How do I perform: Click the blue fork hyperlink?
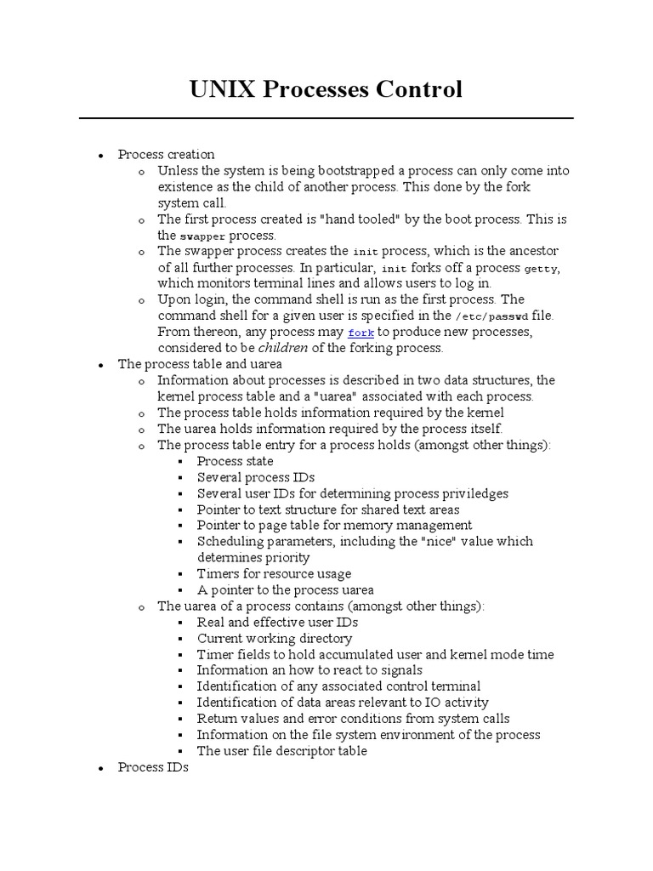(361, 333)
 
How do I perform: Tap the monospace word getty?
(542, 268)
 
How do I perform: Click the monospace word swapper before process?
(202, 236)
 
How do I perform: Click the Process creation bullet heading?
(166, 154)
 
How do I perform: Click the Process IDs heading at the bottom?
(153, 767)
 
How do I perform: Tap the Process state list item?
(235, 461)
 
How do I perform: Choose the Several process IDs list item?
(256, 477)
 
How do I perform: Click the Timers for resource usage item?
(274, 573)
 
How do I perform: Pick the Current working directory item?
(275, 638)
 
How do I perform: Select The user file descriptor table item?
(282, 751)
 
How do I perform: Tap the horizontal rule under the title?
(326, 118)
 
